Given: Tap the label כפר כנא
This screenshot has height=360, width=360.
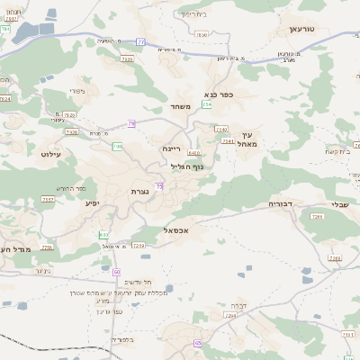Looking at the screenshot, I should point(219,94).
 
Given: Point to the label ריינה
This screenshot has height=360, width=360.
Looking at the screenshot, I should point(172,148).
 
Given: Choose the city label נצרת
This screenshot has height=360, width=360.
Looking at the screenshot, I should point(132,192).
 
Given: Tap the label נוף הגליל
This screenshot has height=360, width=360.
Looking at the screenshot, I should point(186,166).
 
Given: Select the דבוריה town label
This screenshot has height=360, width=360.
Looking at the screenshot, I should point(283,205).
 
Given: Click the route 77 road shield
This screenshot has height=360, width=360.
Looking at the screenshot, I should point(140,41).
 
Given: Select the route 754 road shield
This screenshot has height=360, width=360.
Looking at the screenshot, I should point(206,105).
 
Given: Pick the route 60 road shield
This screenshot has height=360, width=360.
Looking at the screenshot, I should point(117,270).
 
